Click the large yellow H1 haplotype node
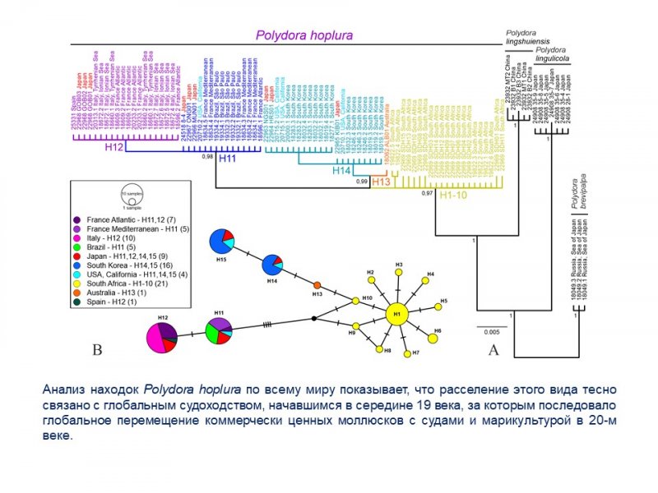[396, 313]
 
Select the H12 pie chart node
[162, 337]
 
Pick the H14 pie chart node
[275, 266]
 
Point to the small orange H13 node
[317, 285]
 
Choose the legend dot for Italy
[76, 237]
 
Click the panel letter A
[493, 350]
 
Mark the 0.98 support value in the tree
[207, 156]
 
